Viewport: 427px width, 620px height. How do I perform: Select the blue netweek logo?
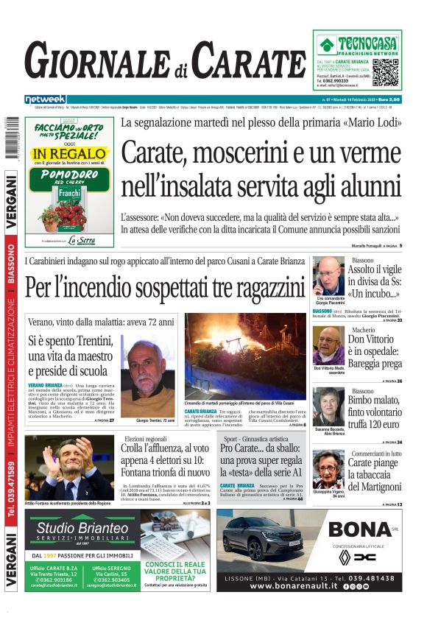coord(45,99)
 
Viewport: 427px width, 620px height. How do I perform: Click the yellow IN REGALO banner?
coord(71,155)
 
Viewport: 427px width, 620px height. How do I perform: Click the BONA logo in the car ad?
coord(359,529)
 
